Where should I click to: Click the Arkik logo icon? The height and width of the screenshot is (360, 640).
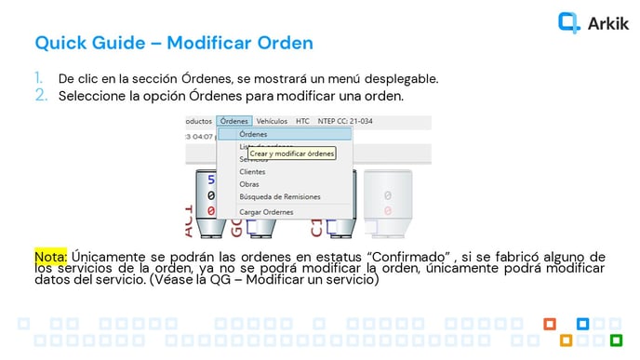coord(567,22)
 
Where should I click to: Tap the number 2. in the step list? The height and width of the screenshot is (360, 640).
coord(40,95)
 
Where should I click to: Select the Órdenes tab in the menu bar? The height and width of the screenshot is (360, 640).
coord(234,121)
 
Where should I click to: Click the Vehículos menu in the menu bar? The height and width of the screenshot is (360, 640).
coord(272,121)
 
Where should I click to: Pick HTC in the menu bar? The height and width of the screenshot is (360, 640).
coord(302,121)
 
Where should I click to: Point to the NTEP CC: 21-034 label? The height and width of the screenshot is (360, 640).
coord(345,121)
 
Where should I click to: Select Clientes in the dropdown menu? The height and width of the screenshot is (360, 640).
coord(252,172)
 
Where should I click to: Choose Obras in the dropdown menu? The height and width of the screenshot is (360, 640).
coord(249,184)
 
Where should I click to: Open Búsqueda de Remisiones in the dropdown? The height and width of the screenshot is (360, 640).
coord(280,197)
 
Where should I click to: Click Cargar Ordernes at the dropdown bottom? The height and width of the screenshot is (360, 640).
coord(266,212)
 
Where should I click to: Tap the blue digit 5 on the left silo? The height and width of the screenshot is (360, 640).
coord(211,180)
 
